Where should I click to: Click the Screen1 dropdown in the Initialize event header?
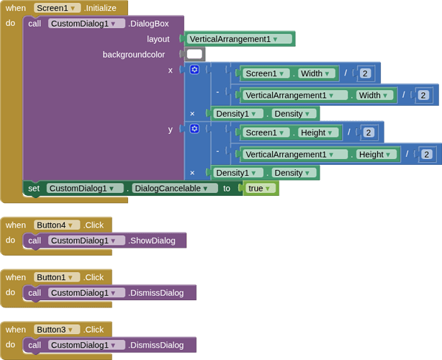(57, 8)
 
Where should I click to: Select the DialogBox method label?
(148, 23)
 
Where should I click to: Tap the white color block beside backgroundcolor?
(194, 54)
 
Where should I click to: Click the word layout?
(158, 39)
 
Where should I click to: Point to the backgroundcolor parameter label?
(133, 54)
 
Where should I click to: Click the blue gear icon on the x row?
(194, 70)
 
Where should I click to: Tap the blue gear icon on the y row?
(194, 129)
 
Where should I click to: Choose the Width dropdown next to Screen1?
(317, 73)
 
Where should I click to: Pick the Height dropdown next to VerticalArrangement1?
(376, 154)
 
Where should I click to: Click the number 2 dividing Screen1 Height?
(368, 132)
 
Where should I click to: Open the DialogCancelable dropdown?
(175, 188)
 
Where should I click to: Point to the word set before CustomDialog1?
(34, 188)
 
